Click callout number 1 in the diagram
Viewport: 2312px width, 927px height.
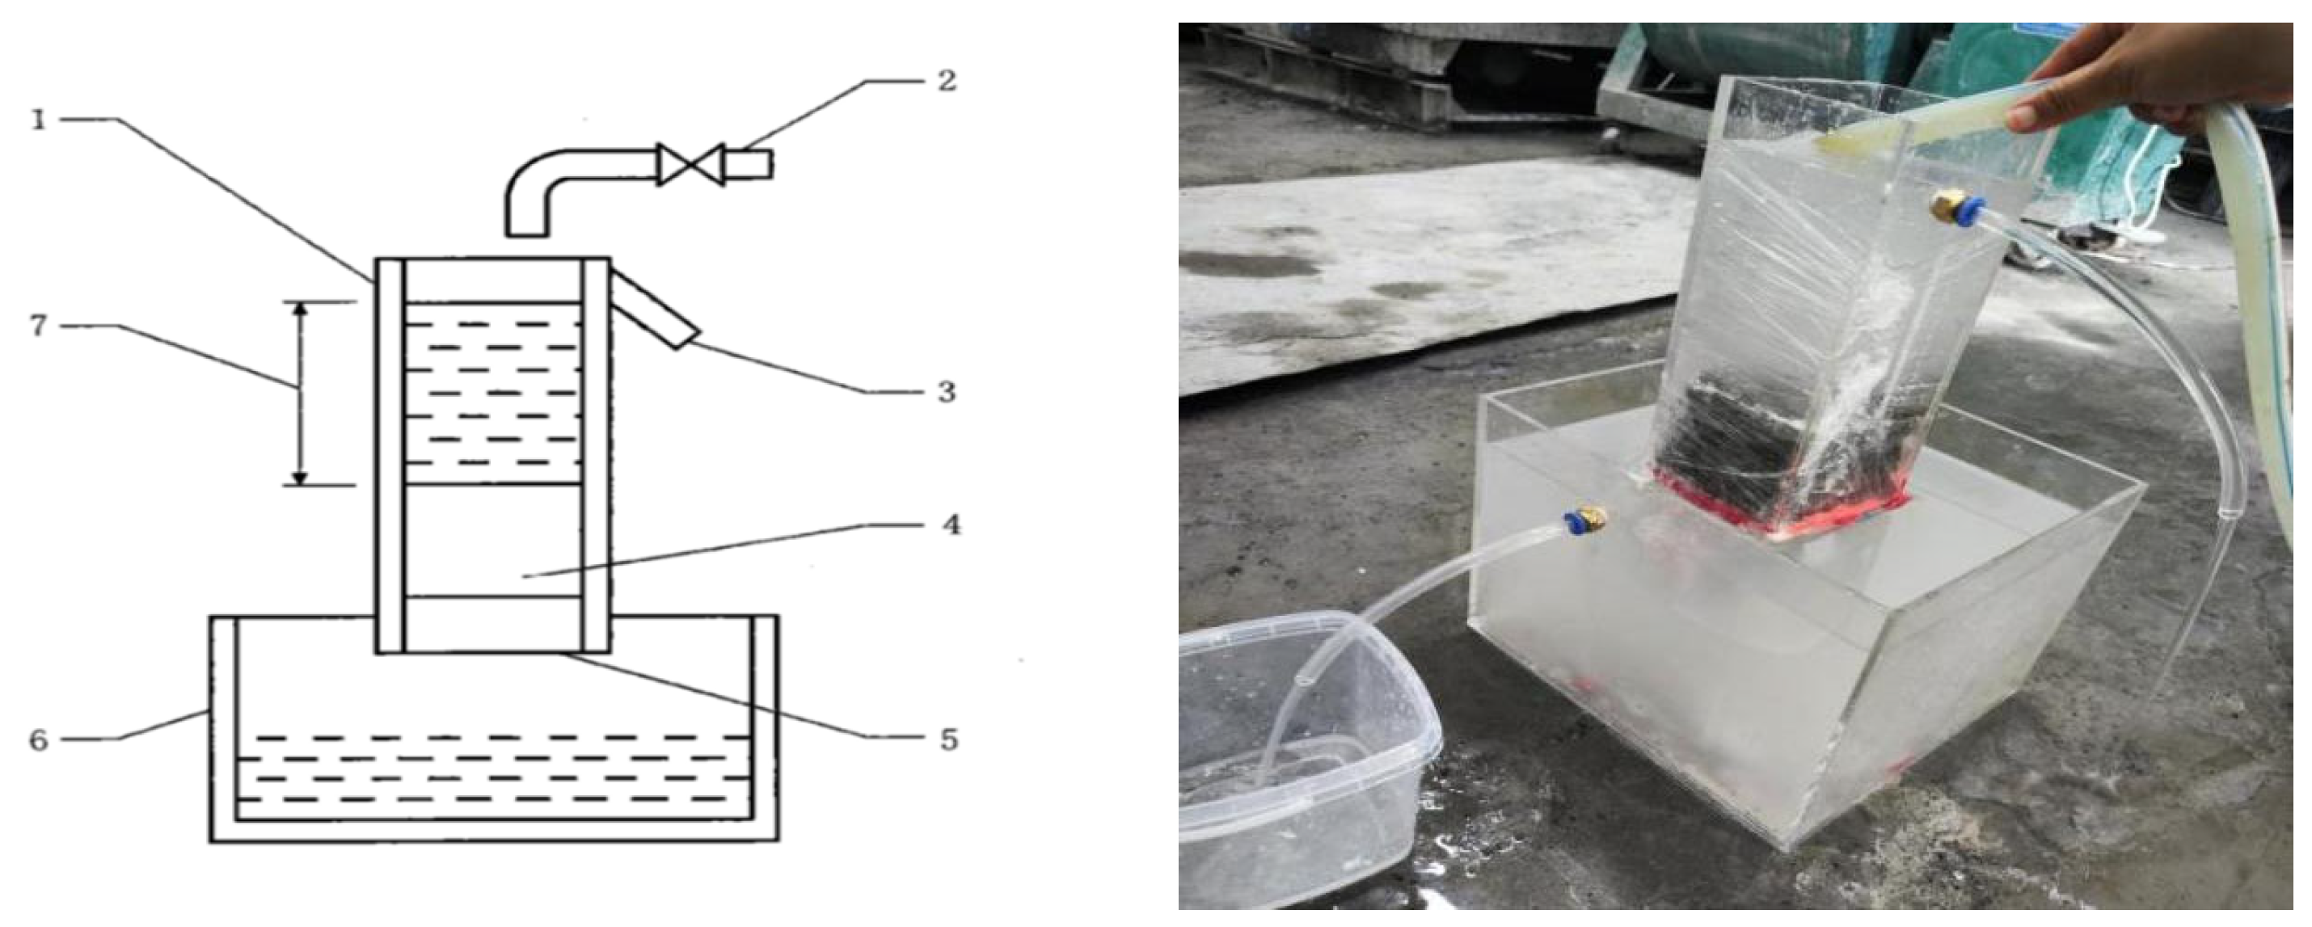click(39, 120)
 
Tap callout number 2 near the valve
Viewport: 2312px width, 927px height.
click(946, 82)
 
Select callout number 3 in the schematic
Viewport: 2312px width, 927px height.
click(946, 392)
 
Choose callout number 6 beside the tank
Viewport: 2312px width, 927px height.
click(39, 741)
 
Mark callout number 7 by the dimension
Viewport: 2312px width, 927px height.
click(39, 326)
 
